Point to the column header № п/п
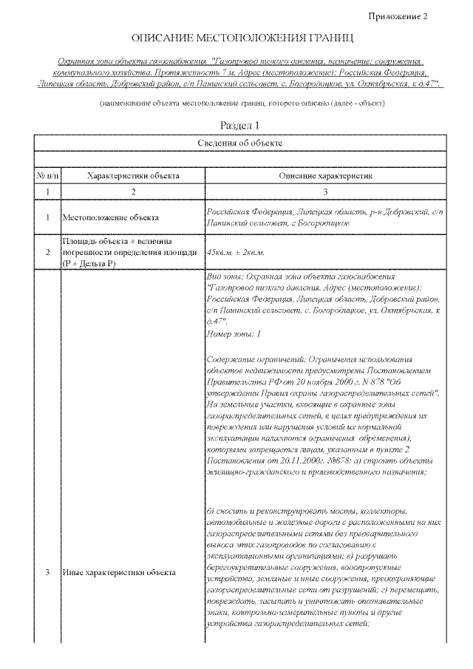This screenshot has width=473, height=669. pyautogui.click(x=47, y=176)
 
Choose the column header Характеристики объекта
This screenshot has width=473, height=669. pyautogui.click(x=133, y=176)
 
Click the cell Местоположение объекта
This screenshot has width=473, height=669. pyautogui.click(x=110, y=218)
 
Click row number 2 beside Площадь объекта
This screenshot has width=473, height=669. pyautogui.click(x=47, y=252)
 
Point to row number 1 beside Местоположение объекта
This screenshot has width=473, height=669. pyautogui.click(x=47, y=218)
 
